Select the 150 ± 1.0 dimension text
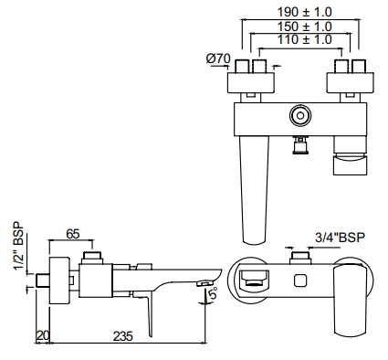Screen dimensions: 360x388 point(299,26)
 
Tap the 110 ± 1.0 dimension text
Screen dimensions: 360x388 point(299,40)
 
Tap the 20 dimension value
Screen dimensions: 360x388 point(41,336)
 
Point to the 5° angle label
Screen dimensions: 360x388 point(211,295)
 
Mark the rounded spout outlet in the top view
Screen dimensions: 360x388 point(251,281)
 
